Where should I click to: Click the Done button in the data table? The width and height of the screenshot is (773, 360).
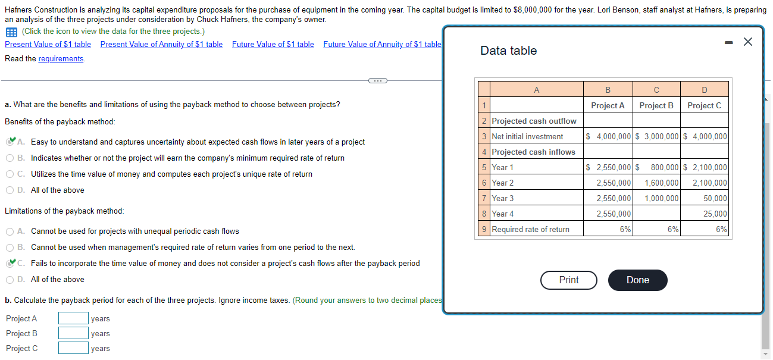[x=637, y=280]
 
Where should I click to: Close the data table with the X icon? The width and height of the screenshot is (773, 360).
[x=748, y=41]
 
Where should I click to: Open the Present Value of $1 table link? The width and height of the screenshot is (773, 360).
[x=48, y=45]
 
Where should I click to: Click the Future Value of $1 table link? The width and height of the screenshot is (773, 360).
[x=273, y=45]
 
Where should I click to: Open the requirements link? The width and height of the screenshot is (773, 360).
[x=61, y=58]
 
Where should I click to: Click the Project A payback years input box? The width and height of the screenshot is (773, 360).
[x=73, y=319]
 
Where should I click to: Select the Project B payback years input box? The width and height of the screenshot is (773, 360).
[x=73, y=334]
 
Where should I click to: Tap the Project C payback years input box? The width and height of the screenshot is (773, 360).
[x=73, y=348]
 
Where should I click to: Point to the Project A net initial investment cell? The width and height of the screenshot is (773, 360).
[x=608, y=137]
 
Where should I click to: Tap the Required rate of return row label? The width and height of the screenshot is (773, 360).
[x=530, y=230]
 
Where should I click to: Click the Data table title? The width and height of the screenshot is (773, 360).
[x=508, y=51]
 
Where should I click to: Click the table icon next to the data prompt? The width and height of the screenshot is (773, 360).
[x=11, y=32]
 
